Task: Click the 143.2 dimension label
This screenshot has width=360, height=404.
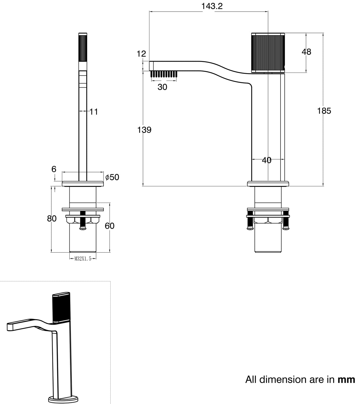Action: tap(212, 6)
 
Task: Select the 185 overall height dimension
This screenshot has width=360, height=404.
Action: tap(324, 111)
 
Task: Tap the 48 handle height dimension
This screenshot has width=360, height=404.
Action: tap(306, 52)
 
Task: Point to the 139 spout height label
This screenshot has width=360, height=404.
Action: tap(144, 130)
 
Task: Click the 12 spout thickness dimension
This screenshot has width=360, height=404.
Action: tap(141, 54)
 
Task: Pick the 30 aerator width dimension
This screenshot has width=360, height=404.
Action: tap(162, 87)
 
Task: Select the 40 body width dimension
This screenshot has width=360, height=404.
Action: tap(267, 160)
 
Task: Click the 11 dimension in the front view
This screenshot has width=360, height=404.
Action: tap(94, 112)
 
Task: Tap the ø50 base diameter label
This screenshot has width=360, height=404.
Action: tap(112, 177)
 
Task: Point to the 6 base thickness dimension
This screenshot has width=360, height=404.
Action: tap(54, 169)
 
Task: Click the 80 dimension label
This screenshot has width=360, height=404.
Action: tap(52, 219)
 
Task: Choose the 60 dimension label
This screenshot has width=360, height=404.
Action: tap(109, 226)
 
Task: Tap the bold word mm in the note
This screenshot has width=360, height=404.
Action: tap(346, 379)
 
